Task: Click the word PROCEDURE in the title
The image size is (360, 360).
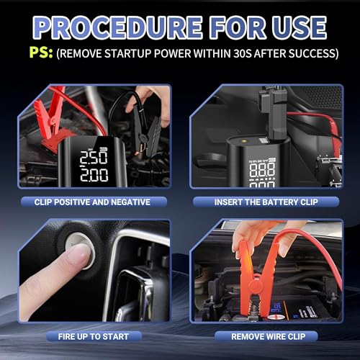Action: click(x=117, y=27)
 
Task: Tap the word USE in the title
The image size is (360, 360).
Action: click(x=299, y=27)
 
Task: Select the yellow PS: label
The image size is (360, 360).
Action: click(x=41, y=53)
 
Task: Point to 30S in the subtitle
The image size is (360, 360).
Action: click(x=243, y=53)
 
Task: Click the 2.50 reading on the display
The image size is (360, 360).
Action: click(x=94, y=158)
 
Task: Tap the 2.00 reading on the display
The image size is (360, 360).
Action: click(x=94, y=175)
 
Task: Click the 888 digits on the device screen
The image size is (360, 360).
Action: click(x=262, y=170)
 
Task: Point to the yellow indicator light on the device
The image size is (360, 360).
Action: click(x=245, y=141)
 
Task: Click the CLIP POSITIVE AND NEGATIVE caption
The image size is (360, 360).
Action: click(x=92, y=202)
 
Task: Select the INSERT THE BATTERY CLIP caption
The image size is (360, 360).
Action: click(x=266, y=202)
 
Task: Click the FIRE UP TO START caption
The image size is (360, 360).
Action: click(x=94, y=336)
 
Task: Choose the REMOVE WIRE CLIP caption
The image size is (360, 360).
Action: click(x=269, y=336)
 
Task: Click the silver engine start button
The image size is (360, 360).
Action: click(x=80, y=251)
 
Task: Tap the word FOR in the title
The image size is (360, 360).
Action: click(x=238, y=27)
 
